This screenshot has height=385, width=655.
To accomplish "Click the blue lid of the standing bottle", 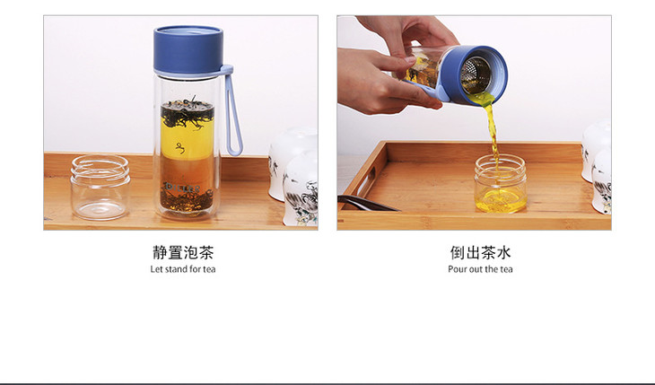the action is tap(188, 49).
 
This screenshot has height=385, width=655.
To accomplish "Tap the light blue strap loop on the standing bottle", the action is tap(233, 110).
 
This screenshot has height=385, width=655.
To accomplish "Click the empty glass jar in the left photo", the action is tap(100, 187).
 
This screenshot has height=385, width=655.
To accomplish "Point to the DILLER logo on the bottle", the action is tap(184, 187).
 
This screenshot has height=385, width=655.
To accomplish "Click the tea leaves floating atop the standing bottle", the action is tap(188, 112).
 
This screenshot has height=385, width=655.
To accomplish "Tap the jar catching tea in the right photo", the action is tap(500, 184).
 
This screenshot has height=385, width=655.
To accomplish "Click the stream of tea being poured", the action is tap(493, 134).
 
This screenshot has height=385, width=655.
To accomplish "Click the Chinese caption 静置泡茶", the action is tap(183, 252).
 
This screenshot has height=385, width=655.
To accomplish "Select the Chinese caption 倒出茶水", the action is tap(480, 252).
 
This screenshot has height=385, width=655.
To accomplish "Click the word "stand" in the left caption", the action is tap(177, 269).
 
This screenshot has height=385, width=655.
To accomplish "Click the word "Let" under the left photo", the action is tap(156, 269).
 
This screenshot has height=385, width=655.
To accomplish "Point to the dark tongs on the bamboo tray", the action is tap(368, 203).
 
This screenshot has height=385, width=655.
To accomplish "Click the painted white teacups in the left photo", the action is tap(293, 176).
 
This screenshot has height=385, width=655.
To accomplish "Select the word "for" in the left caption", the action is tap(196, 269).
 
